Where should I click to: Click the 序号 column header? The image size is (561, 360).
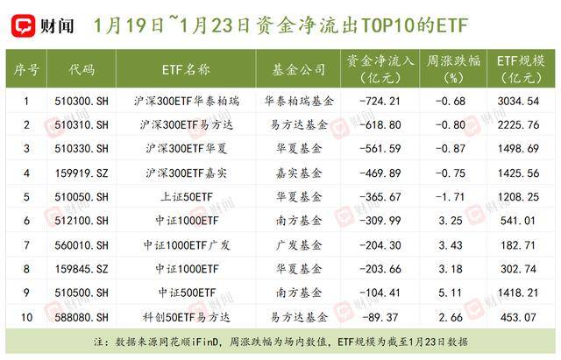pos(26,69)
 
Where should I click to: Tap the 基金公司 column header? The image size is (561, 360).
pos(297,69)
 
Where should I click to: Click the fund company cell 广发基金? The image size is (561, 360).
pos(297,244)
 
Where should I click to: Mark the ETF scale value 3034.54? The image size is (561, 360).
pos(517,101)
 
